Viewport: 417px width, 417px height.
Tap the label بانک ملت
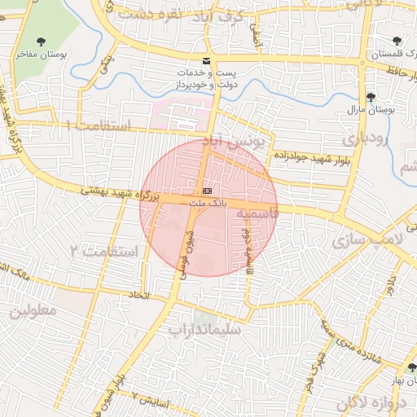(x=204, y=200)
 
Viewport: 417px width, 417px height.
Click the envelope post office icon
(x=206, y=61)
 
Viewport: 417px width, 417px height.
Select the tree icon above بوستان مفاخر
(x=42, y=42)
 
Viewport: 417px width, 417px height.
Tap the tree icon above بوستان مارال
(x=371, y=96)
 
